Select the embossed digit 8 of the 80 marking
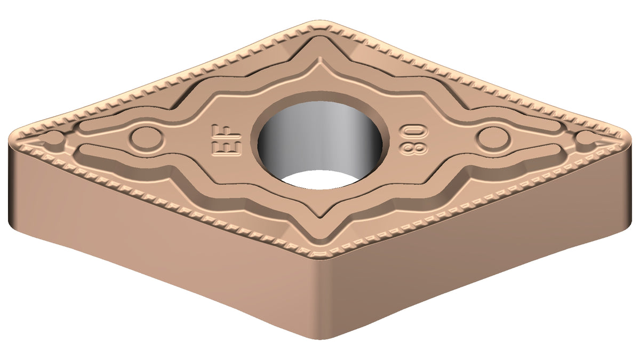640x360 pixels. coord(414,147)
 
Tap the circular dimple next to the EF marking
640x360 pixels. coord(147,139)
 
